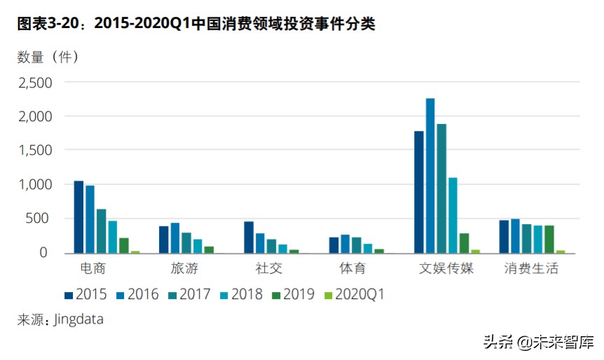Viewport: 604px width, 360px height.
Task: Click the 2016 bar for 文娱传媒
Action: coord(430,175)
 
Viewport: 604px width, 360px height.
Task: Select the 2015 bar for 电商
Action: coord(78,216)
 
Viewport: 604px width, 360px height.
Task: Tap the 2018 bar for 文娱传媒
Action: coord(453,215)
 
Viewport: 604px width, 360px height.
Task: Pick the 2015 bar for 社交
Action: coord(249,237)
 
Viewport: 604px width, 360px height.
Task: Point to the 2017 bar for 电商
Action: coord(101,230)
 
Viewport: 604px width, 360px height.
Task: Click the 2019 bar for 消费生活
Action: coord(549,239)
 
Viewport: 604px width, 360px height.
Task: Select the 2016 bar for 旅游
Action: coord(175,237)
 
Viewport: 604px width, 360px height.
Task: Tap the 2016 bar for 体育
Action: coord(345,243)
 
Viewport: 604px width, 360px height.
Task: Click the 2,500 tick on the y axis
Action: coord(35,83)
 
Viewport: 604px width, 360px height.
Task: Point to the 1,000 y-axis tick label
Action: coord(35,184)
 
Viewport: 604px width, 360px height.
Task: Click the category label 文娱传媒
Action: coord(446,268)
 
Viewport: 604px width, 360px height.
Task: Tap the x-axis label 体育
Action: coord(351,268)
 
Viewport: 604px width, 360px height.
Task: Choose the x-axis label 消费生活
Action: coord(532,268)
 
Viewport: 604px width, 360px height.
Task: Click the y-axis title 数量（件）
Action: coord(48,56)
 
